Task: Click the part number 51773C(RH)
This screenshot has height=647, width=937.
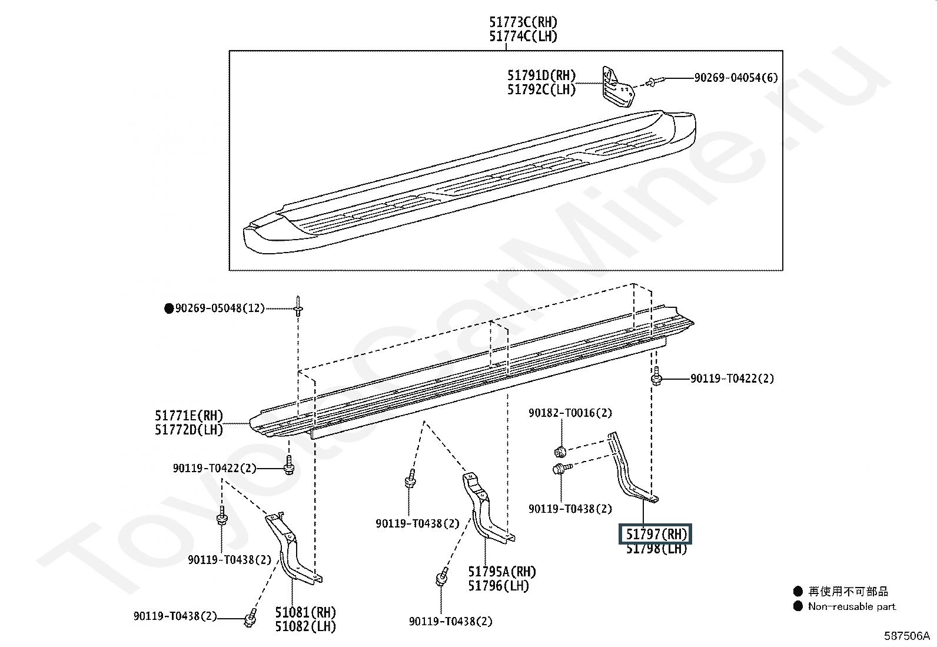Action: click(x=523, y=22)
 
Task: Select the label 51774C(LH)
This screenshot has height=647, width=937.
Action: click(x=523, y=36)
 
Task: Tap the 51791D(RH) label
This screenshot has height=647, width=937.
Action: click(x=541, y=75)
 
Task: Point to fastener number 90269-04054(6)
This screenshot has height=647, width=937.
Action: click(x=736, y=78)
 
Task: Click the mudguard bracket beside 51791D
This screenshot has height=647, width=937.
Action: click(x=617, y=87)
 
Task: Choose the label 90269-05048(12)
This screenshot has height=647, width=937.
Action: click(x=220, y=308)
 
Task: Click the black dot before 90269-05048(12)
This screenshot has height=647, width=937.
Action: click(x=169, y=308)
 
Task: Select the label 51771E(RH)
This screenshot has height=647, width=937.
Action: click(x=189, y=416)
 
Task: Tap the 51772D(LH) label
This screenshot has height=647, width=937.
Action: click(x=189, y=430)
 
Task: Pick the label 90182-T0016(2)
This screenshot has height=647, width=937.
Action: click(x=570, y=413)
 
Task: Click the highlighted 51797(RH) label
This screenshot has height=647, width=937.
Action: click(x=656, y=535)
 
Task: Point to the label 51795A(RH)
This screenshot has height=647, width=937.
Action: click(x=502, y=572)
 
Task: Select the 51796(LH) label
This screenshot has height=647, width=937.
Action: click(x=499, y=586)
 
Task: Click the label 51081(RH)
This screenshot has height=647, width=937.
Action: click(x=306, y=612)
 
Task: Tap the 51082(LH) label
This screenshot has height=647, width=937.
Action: click(x=306, y=626)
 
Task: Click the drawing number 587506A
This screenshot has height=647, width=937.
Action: click(x=906, y=636)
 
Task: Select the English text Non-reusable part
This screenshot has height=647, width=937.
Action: click(x=852, y=606)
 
